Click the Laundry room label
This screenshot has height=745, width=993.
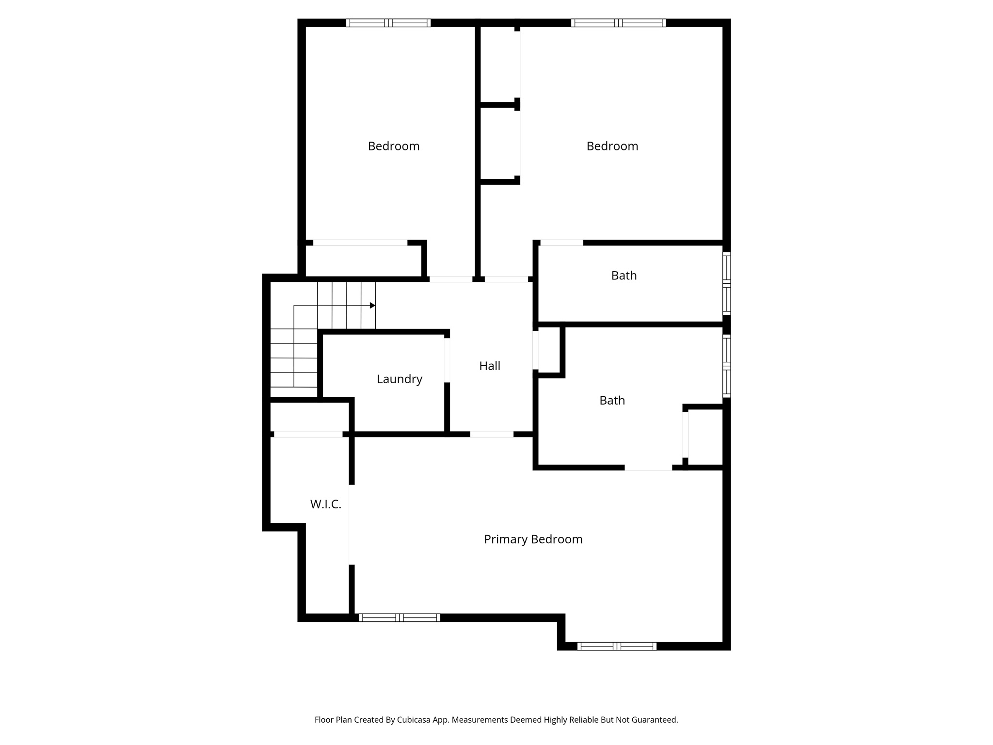399,379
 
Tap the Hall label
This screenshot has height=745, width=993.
489,366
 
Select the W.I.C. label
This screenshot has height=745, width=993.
325,504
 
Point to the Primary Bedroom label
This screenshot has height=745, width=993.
533,539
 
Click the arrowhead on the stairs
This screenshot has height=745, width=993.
372,306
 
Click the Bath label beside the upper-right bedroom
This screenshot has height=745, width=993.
624,275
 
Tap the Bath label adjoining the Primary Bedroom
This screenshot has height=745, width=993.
612,400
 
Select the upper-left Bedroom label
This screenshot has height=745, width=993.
393,146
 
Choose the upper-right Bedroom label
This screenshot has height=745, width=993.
612,146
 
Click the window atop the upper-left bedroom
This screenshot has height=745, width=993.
388,23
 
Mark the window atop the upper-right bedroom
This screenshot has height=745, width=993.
618,23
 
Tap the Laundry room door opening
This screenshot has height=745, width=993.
447,360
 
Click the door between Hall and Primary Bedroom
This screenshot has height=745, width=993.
492,434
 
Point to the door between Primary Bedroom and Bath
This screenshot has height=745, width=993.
648,468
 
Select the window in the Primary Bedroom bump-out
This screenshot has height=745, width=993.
617,646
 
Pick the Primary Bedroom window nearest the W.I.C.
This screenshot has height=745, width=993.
400,617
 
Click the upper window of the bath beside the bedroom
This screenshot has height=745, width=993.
726,268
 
